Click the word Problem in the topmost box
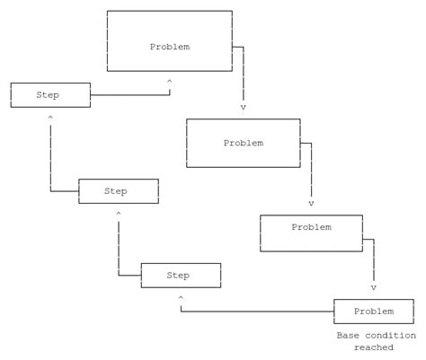click(x=169, y=46)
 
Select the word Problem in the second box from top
click(x=243, y=143)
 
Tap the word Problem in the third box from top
click(x=311, y=227)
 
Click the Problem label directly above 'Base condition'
click(x=373, y=311)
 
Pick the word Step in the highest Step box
click(x=49, y=94)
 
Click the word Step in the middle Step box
click(x=116, y=191)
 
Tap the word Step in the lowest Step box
click(x=180, y=275)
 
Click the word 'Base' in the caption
click(x=348, y=336)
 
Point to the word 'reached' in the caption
click(x=373, y=347)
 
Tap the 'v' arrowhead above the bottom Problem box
click(x=373, y=288)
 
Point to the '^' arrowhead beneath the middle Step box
click(x=117, y=215)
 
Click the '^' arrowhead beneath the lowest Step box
click(x=181, y=297)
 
